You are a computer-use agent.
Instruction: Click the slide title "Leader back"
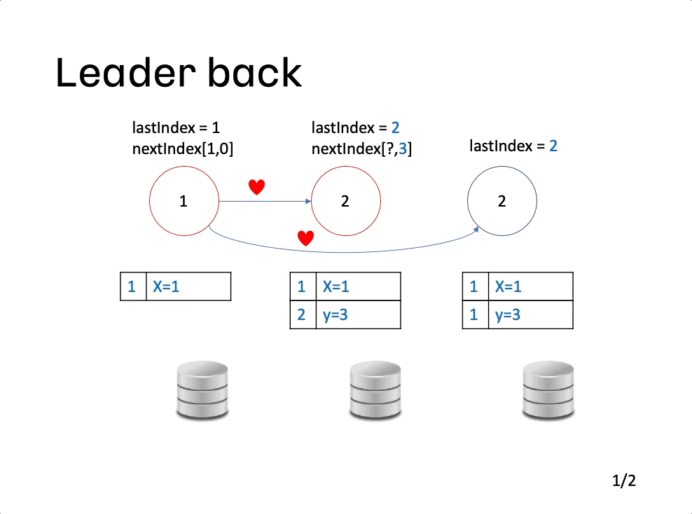click(179, 73)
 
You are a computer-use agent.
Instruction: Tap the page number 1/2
click(624, 480)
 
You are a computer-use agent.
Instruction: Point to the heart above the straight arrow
click(256, 187)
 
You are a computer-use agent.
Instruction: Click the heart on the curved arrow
click(306, 238)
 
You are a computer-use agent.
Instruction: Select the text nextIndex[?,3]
click(361, 149)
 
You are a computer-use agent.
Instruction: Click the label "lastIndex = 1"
click(176, 128)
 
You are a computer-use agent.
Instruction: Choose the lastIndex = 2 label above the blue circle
click(513, 146)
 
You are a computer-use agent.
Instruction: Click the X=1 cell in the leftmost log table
click(188, 287)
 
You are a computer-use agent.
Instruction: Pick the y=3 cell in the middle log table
click(359, 315)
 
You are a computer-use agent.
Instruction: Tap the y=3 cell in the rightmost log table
click(531, 315)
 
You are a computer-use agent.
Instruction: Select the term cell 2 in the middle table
click(303, 315)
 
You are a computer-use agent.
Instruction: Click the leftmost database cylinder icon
click(202, 390)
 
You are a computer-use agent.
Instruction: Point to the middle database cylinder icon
click(375, 390)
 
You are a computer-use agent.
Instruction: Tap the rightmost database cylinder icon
click(548, 390)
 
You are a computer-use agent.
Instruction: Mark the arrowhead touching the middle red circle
click(308, 201)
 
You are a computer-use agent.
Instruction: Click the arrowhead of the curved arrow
click(476, 230)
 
